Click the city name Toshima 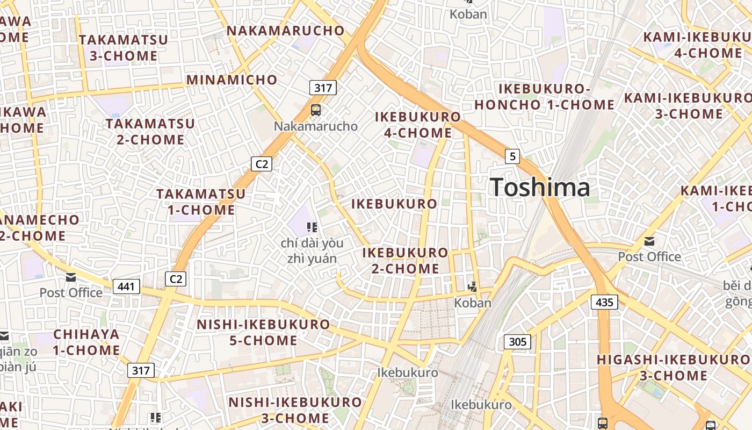pyautogui.click(x=540, y=188)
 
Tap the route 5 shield pyautogui.click(x=512, y=156)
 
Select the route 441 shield pyautogui.click(x=126, y=286)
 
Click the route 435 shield pyautogui.click(x=604, y=302)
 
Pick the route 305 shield pyautogui.click(x=517, y=341)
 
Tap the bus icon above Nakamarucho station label pyautogui.click(x=316, y=110)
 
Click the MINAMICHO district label pyautogui.click(x=232, y=80)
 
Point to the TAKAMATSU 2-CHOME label pyautogui.click(x=150, y=132)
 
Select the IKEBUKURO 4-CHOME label pyautogui.click(x=418, y=125)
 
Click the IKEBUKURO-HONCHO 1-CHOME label pyautogui.click(x=544, y=97)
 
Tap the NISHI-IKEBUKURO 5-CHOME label pyautogui.click(x=263, y=332)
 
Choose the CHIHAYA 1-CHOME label pyautogui.click(x=86, y=342)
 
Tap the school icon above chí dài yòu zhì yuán pyautogui.click(x=312, y=227)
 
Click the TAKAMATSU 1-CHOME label pyautogui.click(x=201, y=202)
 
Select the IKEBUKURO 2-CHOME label pyautogui.click(x=405, y=260)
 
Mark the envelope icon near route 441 pyautogui.click(x=71, y=277)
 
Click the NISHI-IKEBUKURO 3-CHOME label pyautogui.click(x=295, y=410)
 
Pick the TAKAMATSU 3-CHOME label pyautogui.click(x=124, y=48)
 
